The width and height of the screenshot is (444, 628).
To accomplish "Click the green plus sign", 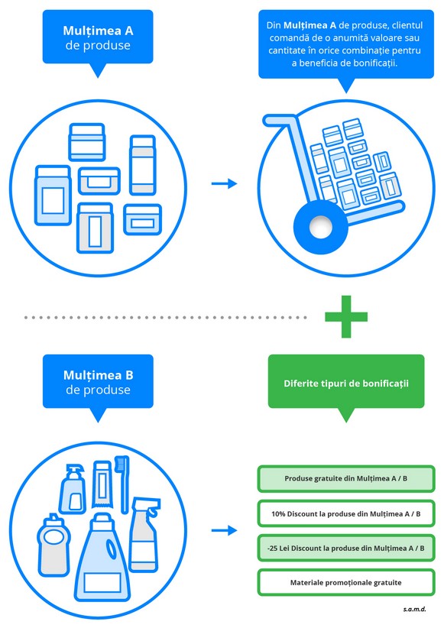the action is [x=346, y=316].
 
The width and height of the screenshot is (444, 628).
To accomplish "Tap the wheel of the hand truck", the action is [x=320, y=226].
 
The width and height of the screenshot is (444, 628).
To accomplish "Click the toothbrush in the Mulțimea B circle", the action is [x=123, y=484].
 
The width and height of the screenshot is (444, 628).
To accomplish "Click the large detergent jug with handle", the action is [x=103, y=558].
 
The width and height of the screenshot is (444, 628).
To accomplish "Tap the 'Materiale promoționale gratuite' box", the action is [x=346, y=582].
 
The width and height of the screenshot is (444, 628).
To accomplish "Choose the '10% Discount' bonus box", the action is [x=346, y=513].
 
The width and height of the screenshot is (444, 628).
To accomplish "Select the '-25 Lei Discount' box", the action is [x=346, y=548].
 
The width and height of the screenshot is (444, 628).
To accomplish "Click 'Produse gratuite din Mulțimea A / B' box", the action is [x=346, y=478].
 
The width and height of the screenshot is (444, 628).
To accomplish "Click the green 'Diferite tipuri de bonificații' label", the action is [x=346, y=384].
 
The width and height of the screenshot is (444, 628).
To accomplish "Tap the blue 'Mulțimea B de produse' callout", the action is [x=98, y=383].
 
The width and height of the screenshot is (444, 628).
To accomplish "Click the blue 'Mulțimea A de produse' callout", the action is [x=98, y=38].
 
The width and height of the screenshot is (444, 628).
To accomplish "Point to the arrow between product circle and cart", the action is [x=224, y=183].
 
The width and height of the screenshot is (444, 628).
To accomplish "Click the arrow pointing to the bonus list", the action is [x=224, y=530].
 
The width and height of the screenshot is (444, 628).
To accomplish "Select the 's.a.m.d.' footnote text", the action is [x=414, y=609].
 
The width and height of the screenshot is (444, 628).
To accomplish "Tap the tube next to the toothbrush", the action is [x=102, y=484].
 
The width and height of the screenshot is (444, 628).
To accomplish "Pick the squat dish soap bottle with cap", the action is [x=53, y=545].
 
